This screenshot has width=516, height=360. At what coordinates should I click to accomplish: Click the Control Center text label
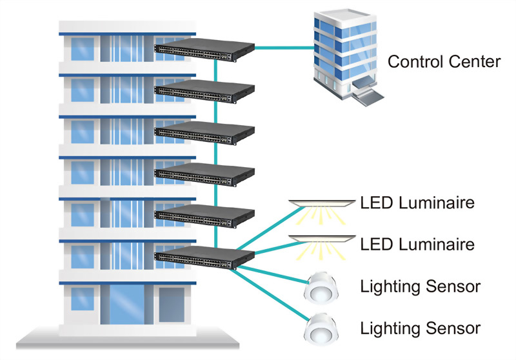pos(444,62)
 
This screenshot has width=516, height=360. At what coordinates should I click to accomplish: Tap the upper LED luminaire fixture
pos(322,205)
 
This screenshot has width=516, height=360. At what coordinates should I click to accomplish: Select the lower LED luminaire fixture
pos(322,240)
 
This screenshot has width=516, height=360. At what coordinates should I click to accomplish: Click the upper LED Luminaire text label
pos(417,203)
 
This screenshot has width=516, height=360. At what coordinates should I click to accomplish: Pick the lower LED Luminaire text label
pos(417,245)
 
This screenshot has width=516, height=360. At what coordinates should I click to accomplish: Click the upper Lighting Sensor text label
pos(421,286)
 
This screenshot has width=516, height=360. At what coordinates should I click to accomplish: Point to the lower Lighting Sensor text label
pos(421,328)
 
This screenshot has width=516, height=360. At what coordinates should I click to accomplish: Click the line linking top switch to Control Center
pos(284,47)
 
